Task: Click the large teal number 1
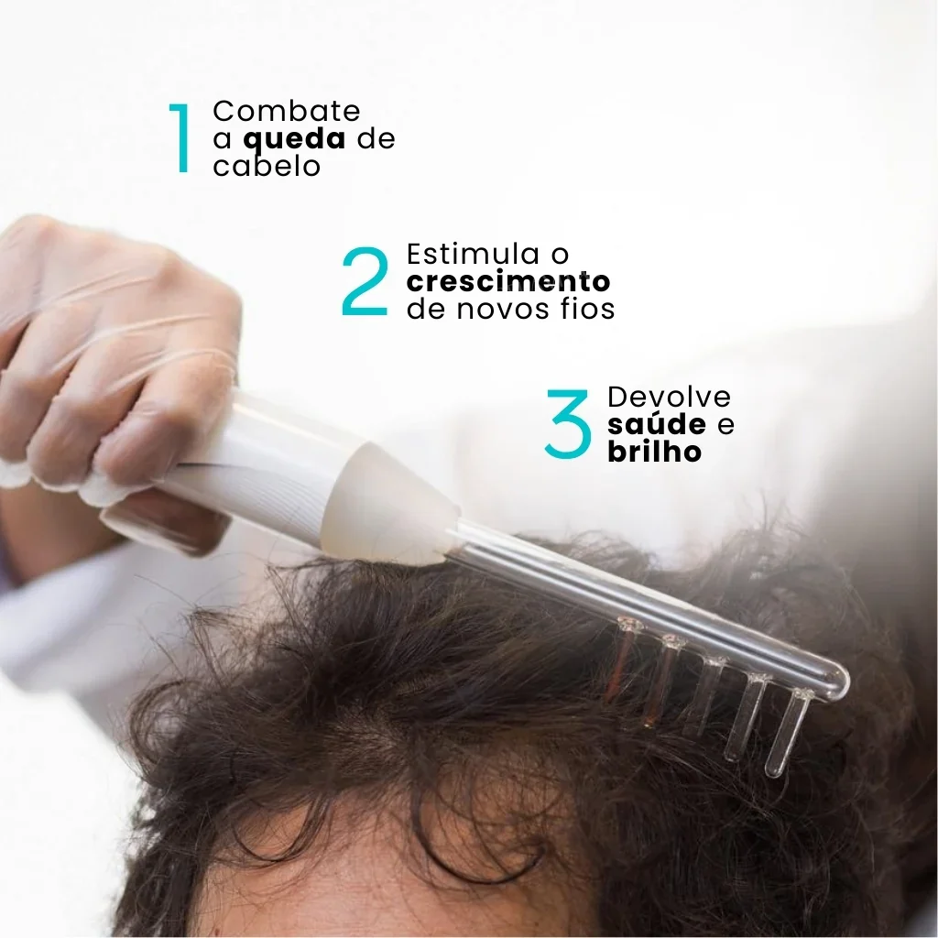point(180,138)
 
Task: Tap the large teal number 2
point(365,280)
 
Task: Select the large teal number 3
point(568,423)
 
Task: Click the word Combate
point(287,111)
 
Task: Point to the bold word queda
point(294,140)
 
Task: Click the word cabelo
point(267,166)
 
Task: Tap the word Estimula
point(474,254)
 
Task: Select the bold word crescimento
point(508,281)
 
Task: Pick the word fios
point(593,309)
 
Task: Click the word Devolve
point(669,397)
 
